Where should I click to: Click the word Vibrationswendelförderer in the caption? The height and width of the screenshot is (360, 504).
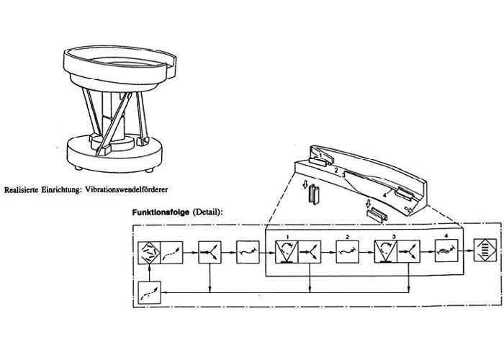click(126, 189)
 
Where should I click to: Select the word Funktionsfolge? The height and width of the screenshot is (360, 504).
click(161, 212)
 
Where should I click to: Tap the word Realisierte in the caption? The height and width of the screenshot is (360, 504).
click(22, 189)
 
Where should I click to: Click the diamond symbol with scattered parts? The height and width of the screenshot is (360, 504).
click(149, 253)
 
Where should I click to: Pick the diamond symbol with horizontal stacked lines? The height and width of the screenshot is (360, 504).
click(485, 250)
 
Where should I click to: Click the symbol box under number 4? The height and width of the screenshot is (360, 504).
click(446, 251)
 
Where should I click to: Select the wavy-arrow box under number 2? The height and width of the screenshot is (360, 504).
click(348, 252)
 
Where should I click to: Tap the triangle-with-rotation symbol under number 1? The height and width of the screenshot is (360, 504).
click(287, 252)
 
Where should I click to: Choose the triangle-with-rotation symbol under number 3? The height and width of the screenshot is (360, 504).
click(386, 251)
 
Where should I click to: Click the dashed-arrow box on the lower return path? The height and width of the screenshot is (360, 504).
click(150, 292)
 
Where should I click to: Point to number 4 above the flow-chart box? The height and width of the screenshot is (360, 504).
click(446, 236)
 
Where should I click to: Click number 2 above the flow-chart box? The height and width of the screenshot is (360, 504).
click(348, 237)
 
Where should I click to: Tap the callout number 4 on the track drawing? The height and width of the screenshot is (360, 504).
click(384, 195)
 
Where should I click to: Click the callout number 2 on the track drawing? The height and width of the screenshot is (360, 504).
click(336, 170)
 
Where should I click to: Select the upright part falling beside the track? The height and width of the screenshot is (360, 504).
click(314, 195)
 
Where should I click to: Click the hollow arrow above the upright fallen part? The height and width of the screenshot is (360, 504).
click(305, 184)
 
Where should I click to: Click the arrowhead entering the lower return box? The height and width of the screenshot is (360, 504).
click(163, 292)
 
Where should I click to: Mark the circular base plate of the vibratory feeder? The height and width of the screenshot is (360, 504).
click(114, 153)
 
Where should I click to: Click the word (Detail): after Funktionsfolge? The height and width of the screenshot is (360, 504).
click(207, 212)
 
